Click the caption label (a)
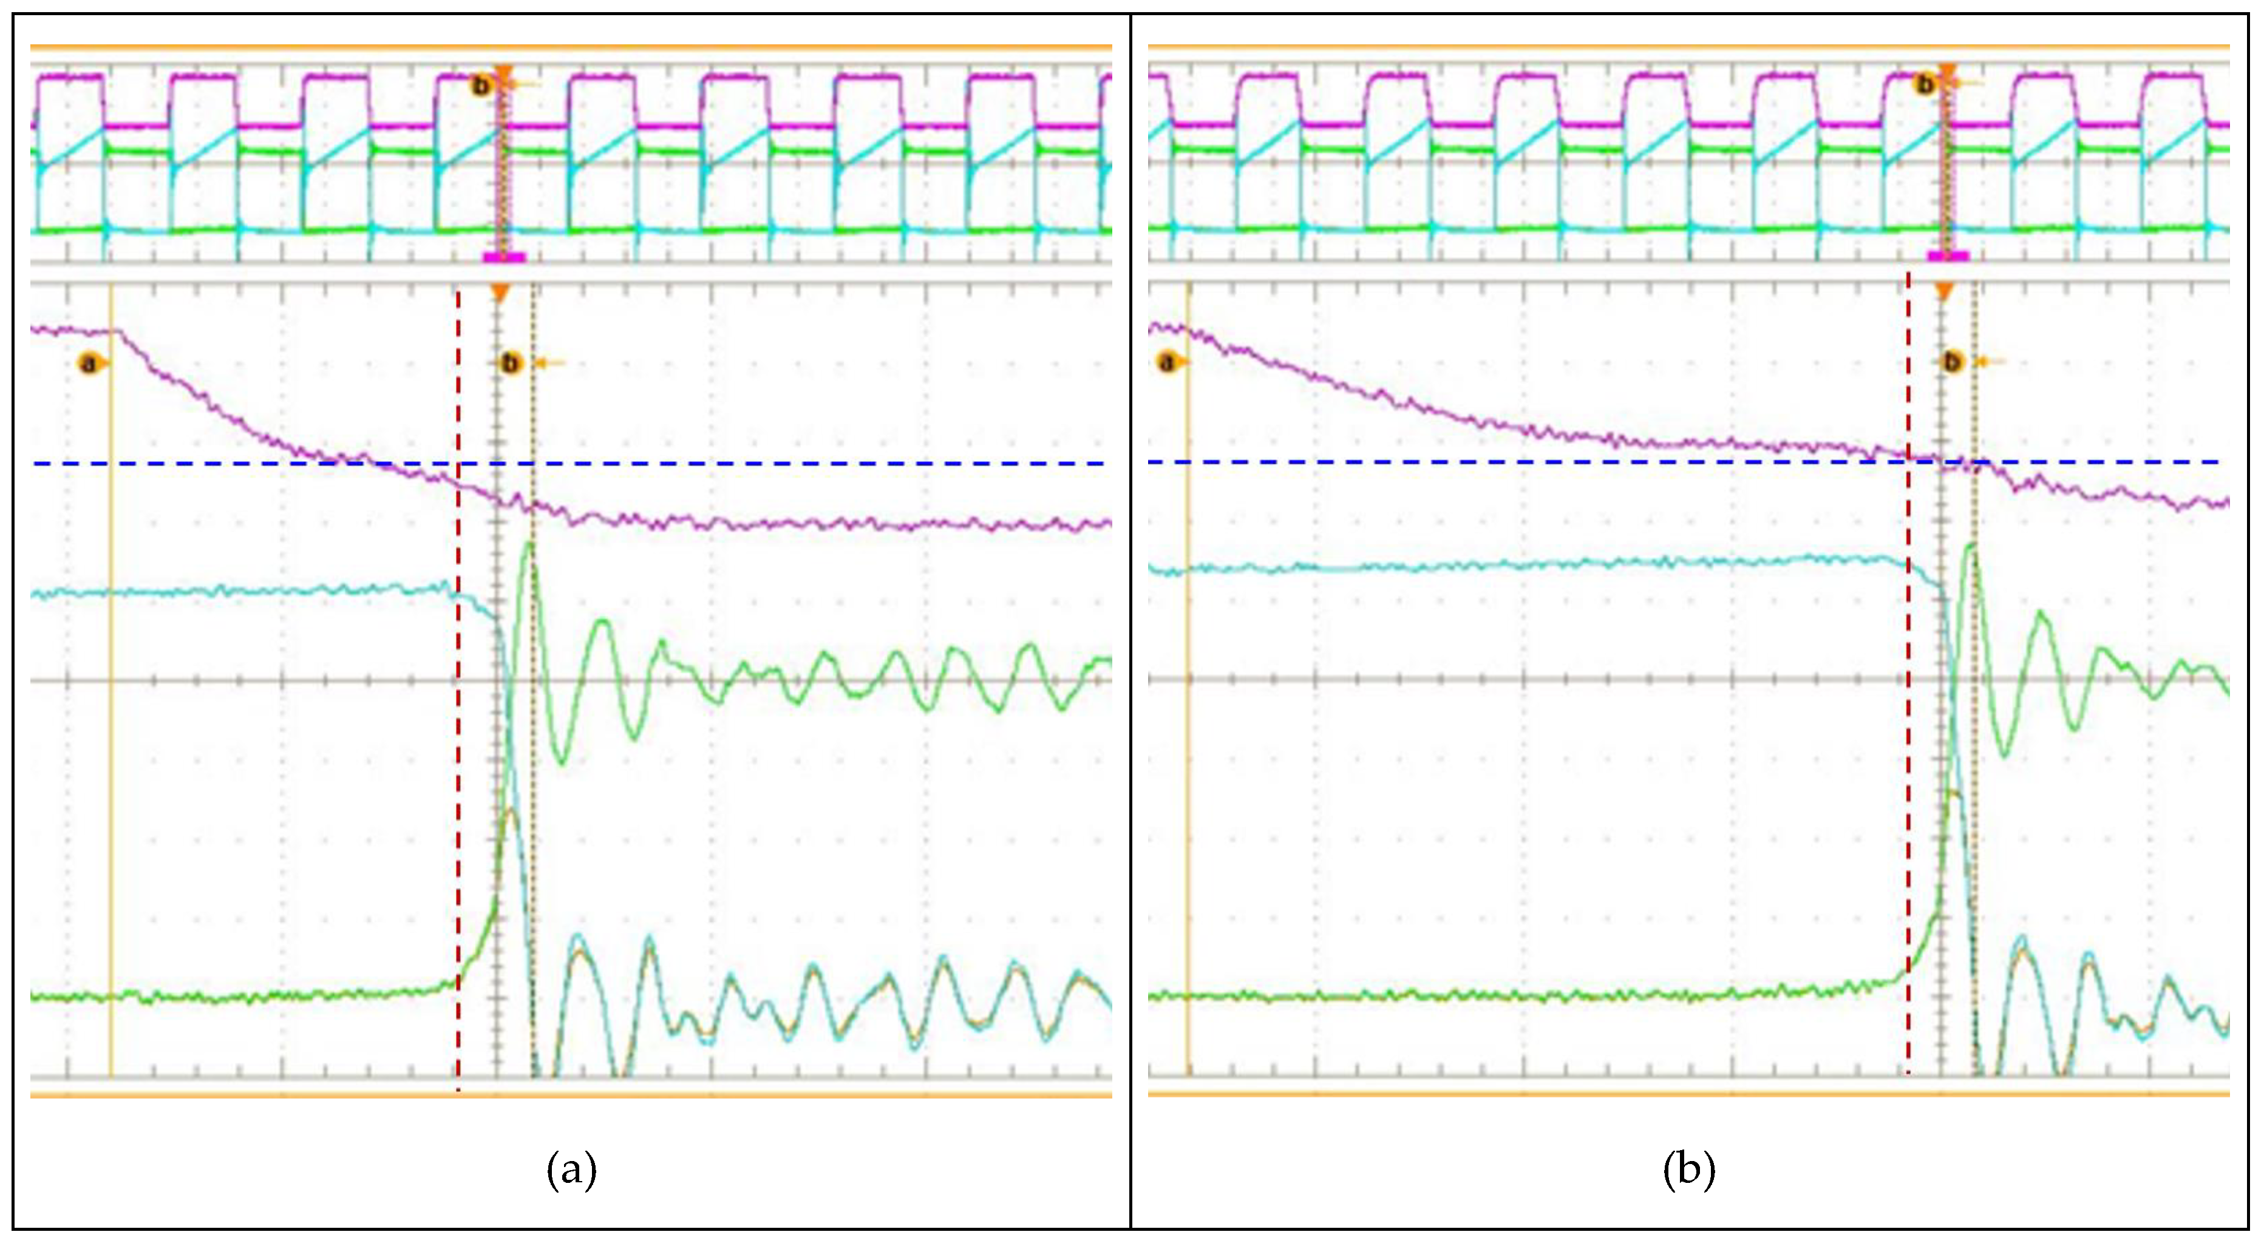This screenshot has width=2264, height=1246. (571, 1170)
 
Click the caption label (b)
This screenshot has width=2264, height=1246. (1688, 1170)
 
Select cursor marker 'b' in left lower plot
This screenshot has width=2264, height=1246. (511, 363)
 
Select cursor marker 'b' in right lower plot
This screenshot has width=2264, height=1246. (1952, 361)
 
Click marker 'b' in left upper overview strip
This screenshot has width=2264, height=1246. (481, 85)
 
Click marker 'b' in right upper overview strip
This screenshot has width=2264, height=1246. (1925, 84)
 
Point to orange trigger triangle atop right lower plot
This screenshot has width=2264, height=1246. (1944, 292)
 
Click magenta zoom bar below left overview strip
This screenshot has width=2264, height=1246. (503, 257)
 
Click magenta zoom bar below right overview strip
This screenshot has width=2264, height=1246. (1948, 257)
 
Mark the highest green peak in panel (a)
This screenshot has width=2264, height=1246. (529, 545)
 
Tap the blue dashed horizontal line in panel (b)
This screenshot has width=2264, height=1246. (1494, 461)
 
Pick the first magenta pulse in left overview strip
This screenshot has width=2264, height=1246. (69, 77)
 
